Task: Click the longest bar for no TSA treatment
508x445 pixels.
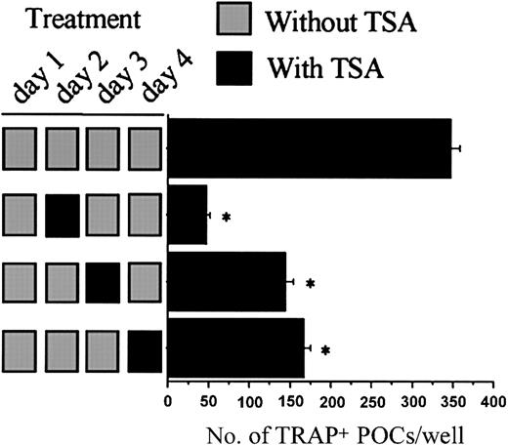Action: (x=310, y=148)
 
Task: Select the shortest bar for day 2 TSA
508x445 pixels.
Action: (x=187, y=215)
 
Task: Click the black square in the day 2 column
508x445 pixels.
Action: (x=63, y=215)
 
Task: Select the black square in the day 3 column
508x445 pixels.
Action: (x=104, y=281)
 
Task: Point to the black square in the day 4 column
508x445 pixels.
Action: (x=145, y=347)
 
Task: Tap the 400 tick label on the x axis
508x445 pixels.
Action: (x=493, y=401)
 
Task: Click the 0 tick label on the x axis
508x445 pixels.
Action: (x=168, y=401)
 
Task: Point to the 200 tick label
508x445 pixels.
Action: (x=330, y=401)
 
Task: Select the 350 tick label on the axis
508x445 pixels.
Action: (x=452, y=401)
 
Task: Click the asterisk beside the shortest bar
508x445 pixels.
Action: (x=226, y=217)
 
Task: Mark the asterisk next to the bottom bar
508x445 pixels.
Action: (x=325, y=349)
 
